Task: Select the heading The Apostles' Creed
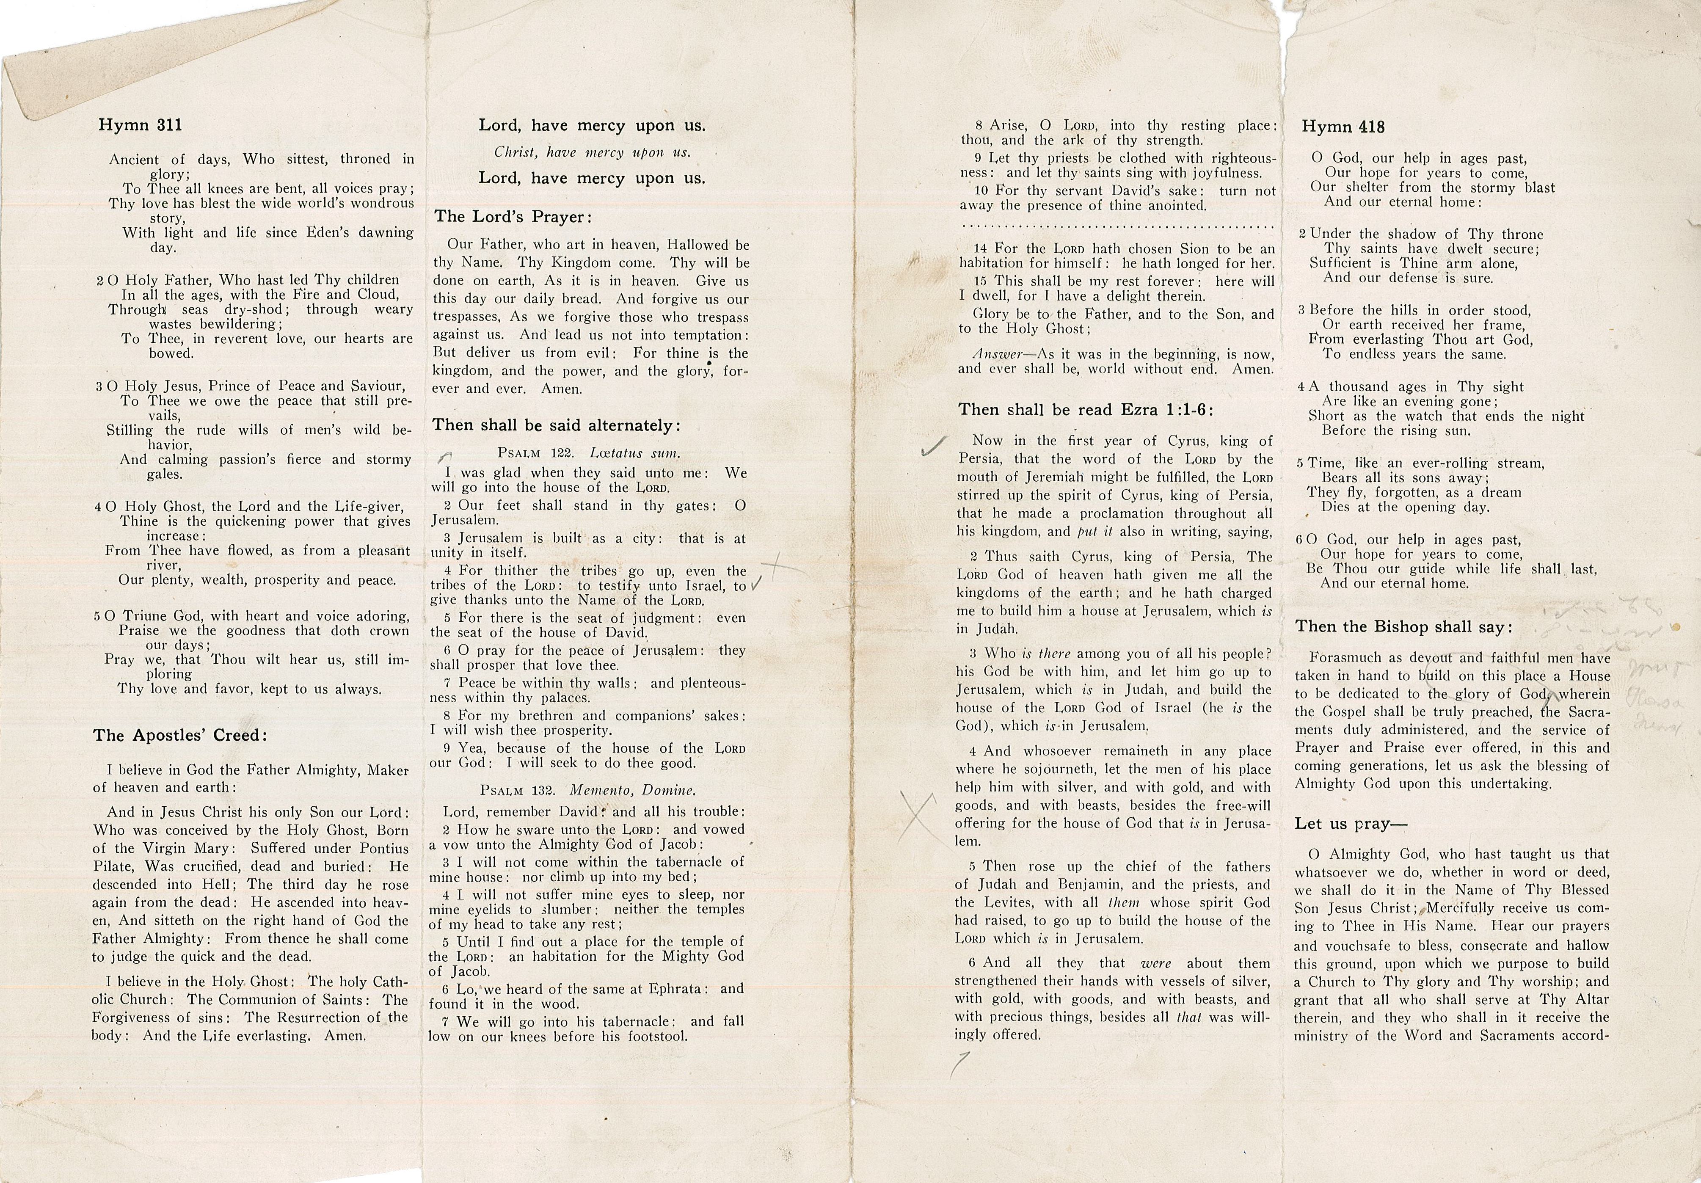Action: (179, 736)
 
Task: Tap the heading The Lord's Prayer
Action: (513, 217)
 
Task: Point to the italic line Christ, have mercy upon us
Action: (592, 153)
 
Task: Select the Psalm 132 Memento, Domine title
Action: (587, 790)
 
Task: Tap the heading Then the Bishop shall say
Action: (1403, 627)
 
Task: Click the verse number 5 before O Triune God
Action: (98, 616)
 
